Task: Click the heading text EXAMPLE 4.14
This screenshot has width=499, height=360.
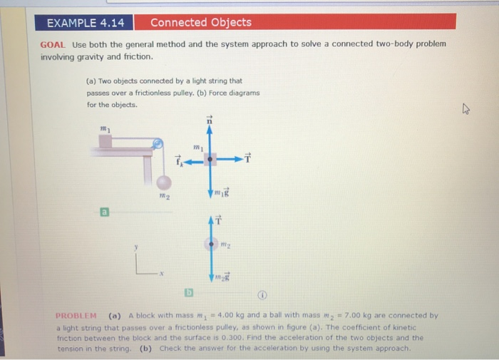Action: [x=85, y=23]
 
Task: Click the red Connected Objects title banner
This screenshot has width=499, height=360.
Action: [x=200, y=23]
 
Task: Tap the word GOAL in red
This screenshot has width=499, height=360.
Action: [x=52, y=44]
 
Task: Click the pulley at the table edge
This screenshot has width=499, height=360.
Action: [x=158, y=145]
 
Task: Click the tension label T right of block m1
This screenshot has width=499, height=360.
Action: [x=248, y=158]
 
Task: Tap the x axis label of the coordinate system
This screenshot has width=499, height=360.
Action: [x=162, y=273]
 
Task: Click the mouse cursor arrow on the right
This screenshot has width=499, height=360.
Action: [x=466, y=109]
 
